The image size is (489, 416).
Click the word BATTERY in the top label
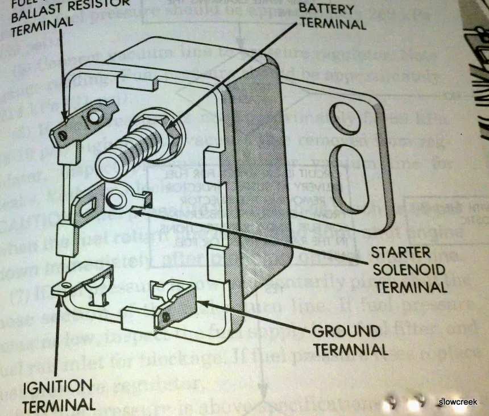click(326, 10)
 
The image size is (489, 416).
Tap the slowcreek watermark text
click(458, 402)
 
